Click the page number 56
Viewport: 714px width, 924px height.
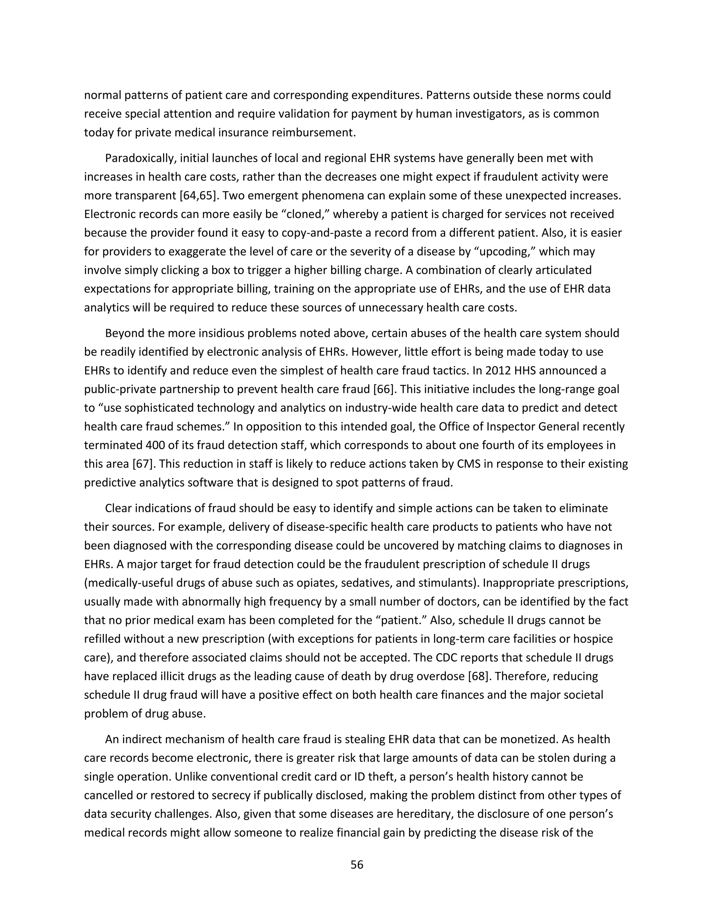357,865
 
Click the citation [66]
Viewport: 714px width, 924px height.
383,389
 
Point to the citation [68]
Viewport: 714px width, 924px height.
478,676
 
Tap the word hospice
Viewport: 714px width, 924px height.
591,639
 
